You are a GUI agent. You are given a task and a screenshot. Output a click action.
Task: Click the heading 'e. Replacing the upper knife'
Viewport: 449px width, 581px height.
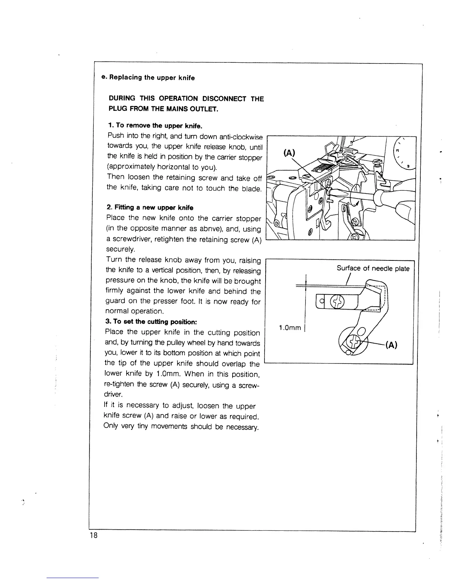148,78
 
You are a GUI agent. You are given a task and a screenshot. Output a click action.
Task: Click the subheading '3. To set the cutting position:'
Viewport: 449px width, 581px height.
152,322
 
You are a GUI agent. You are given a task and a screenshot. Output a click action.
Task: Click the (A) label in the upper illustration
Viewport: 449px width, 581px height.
289,153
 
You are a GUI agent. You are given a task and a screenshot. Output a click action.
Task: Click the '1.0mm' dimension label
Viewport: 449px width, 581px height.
290,328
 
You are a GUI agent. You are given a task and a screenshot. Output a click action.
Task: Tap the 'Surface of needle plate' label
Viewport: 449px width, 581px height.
373,268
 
